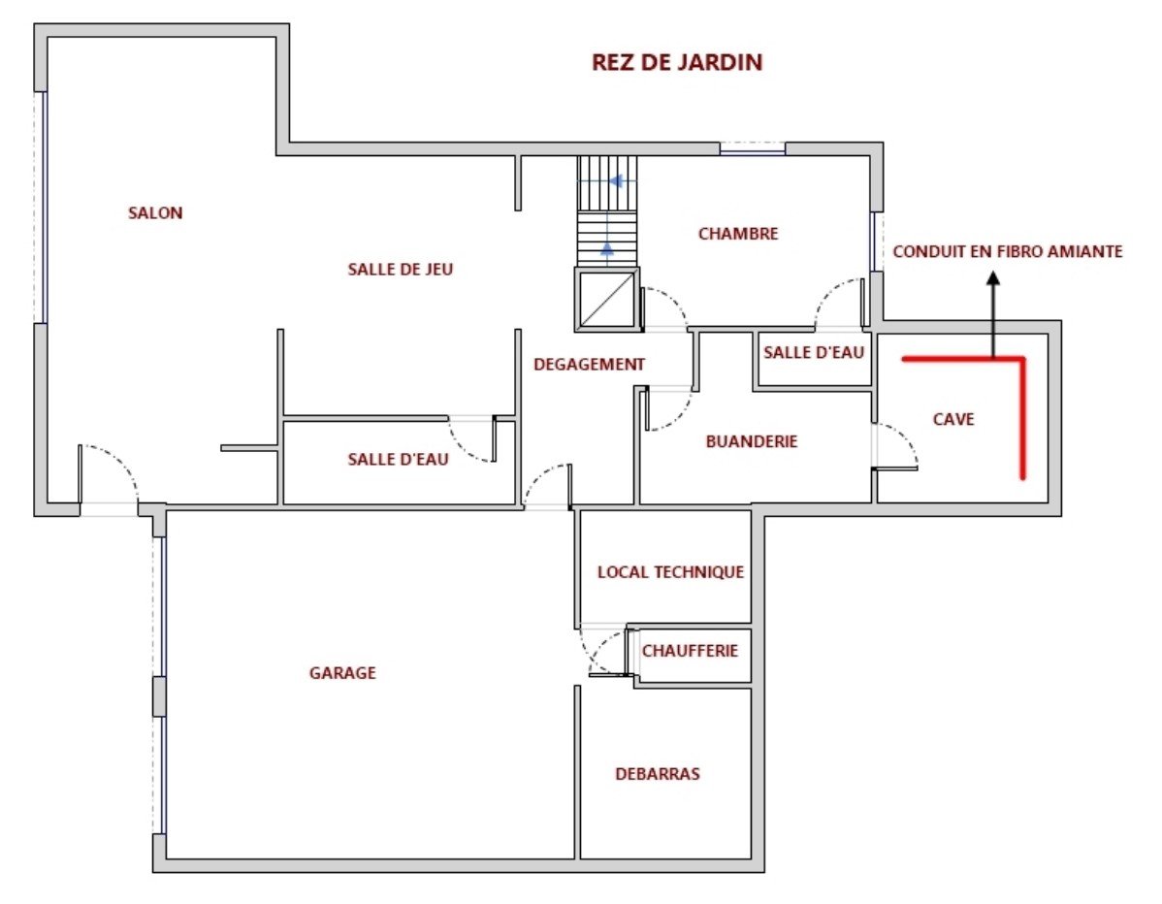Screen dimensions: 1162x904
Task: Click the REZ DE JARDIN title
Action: [x=677, y=62]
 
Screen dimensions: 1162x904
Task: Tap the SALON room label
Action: [x=155, y=213]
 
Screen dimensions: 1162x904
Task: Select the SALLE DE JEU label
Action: [x=401, y=270]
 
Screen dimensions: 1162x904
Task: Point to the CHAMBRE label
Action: [x=738, y=234]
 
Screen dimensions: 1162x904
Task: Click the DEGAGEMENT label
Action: [x=589, y=365]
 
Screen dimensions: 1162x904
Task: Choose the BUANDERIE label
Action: [x=752, y=441]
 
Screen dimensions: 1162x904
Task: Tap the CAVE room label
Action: [x=953, y=419]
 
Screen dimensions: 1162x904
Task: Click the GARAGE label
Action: [x=342, y=673]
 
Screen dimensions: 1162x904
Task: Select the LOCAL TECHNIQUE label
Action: [x=670, y=572]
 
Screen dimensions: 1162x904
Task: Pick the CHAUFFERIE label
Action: [x=690, y=651]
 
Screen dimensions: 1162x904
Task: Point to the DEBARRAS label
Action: [x=658, y=774]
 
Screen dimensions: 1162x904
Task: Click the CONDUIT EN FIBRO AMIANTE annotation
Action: [x=1008, y=252]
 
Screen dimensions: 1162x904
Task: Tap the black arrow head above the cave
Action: [x=994, y=277]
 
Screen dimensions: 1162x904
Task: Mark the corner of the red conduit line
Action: [x=1022, y=360]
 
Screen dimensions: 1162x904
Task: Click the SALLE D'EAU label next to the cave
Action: [x=814, y=353]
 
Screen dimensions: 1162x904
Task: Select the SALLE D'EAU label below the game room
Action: [x=398, y=460]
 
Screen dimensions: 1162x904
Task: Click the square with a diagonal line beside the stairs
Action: [x=607, y=300]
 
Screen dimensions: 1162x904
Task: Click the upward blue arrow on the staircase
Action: [x=607, y=249]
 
